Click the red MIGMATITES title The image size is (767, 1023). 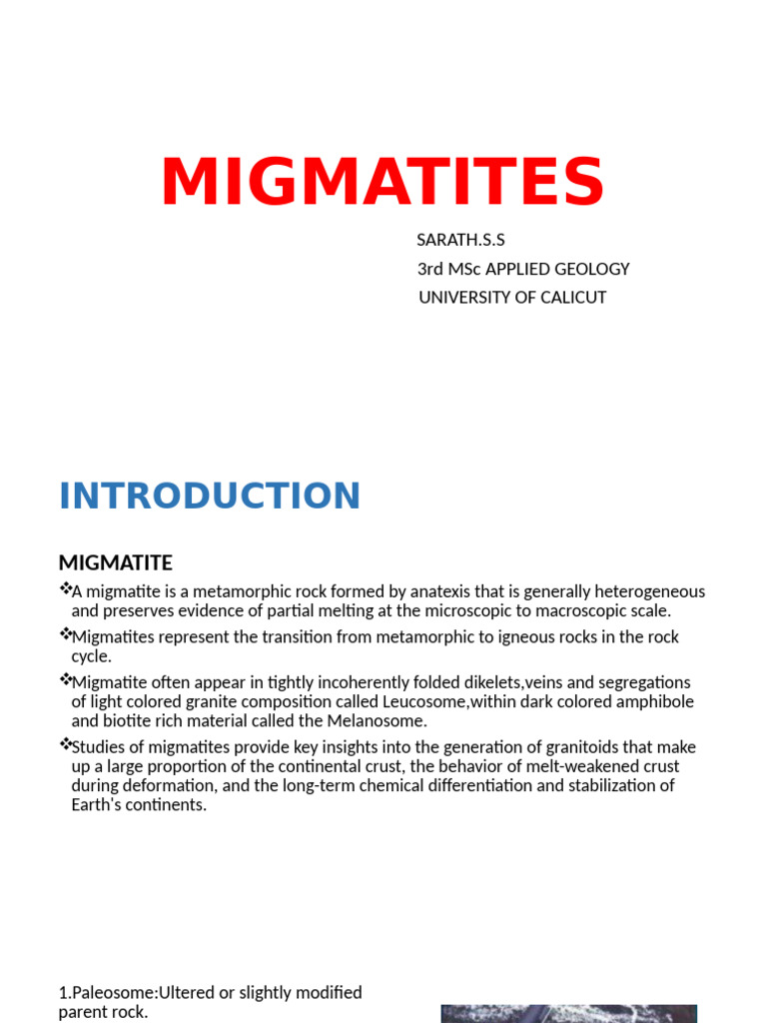383,182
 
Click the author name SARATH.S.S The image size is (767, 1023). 461,240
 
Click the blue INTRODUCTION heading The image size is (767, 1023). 210,497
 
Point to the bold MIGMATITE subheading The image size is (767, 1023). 116,562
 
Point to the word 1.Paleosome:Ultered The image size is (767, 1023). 141,993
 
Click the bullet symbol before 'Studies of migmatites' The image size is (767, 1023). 65,744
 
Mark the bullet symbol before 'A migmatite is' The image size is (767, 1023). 65,589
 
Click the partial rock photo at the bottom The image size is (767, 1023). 568,1013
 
